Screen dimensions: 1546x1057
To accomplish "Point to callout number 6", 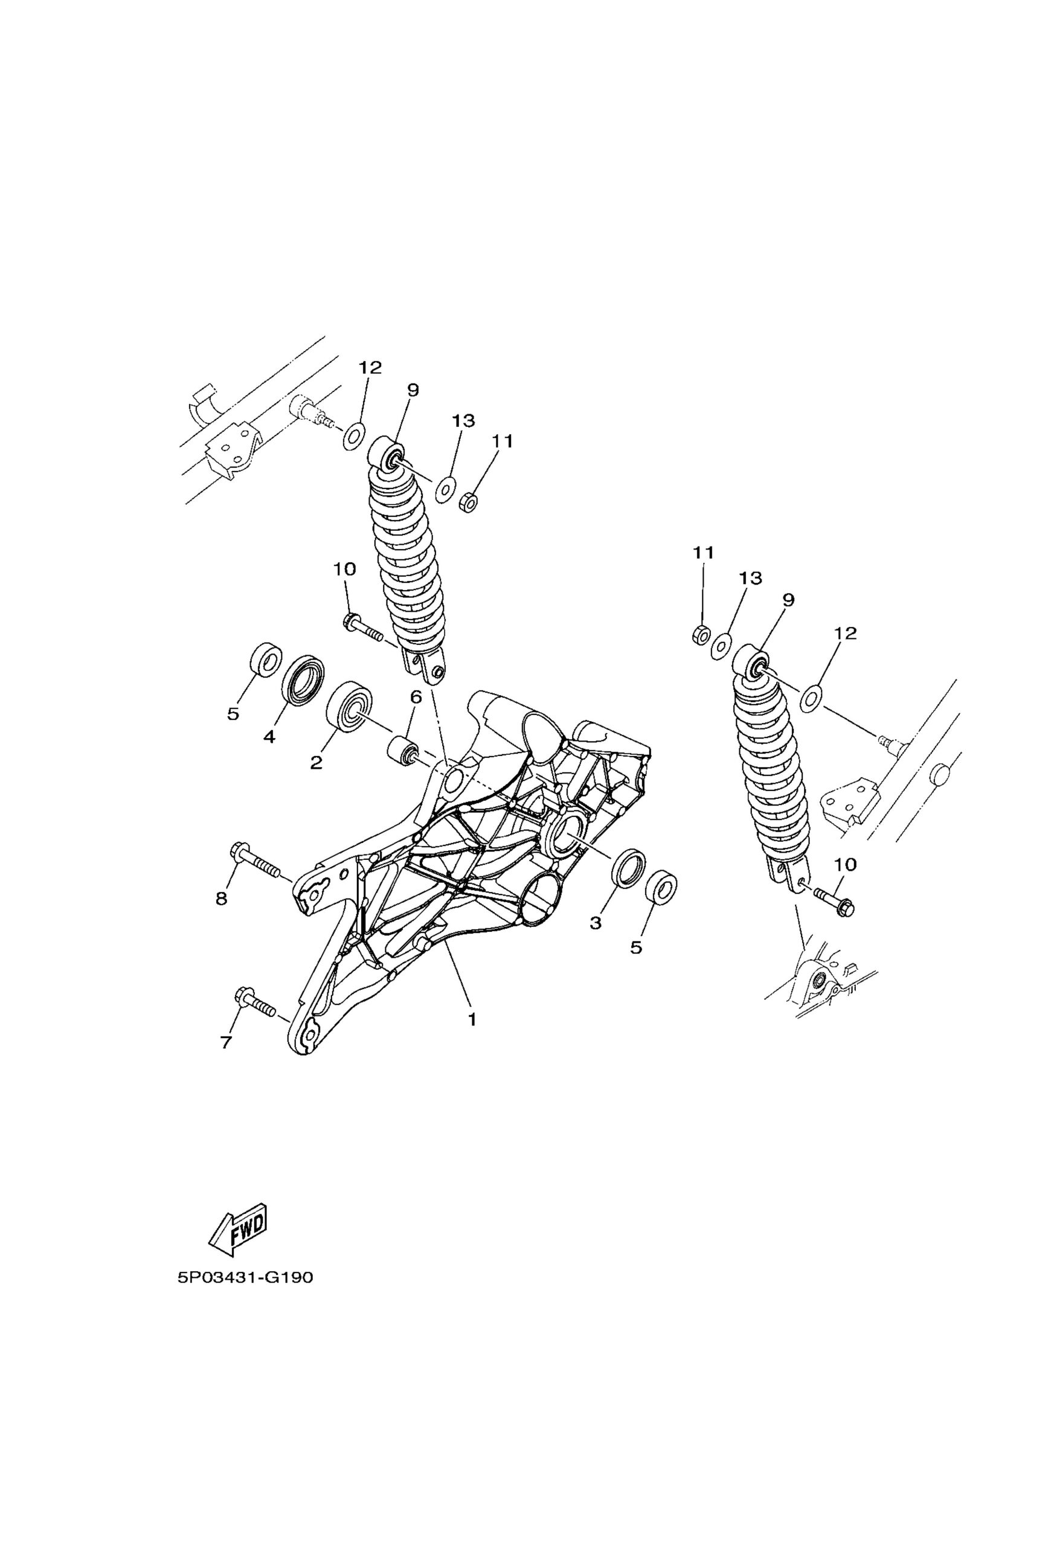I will click(416, 698).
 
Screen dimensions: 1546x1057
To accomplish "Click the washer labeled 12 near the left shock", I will click(353, 436).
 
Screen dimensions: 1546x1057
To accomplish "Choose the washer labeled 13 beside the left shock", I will click(446, 491).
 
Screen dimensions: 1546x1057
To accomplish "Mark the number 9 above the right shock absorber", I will click(788, 601).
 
